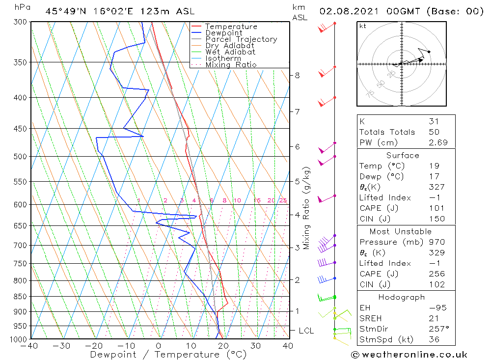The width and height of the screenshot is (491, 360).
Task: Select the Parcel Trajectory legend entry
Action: click(x=241, y=39)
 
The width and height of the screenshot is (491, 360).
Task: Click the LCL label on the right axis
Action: click(x=306, y=331)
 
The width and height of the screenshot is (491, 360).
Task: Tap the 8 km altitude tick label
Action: click(x=298, y=75)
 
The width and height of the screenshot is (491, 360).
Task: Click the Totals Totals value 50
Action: click(x=434, y=132)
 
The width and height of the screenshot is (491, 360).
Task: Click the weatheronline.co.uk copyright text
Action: click(x=409, y=355)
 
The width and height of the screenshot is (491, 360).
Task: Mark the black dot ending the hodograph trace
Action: click(x=429, y=52)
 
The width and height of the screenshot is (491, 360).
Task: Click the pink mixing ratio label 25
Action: click(x=283, y=200)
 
